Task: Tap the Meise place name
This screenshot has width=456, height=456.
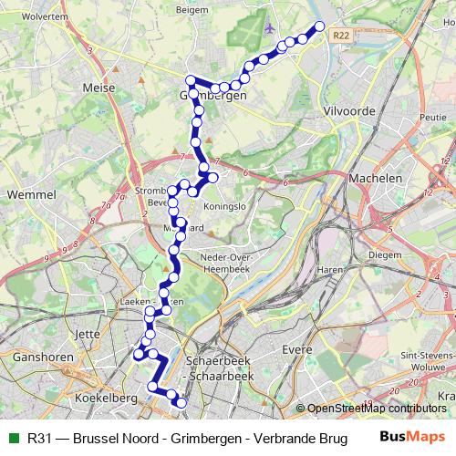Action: pos(98,88)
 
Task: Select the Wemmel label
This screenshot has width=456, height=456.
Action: pos(31,195)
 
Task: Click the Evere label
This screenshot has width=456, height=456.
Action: pos(296,349)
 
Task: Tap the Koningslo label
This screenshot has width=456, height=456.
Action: pos(231,206)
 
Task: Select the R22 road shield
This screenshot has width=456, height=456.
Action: pos(341,36)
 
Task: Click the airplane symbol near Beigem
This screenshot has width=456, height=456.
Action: pos(268,27)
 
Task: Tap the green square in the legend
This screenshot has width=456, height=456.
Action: pos(13,438)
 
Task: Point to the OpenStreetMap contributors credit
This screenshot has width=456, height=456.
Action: pos(376,408)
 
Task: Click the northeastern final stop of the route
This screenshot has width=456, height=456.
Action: pos(319,26)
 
